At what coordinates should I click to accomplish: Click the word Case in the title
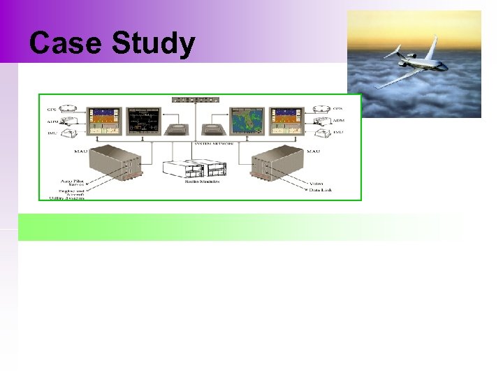[64, 44]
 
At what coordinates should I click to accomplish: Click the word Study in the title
[153, 44]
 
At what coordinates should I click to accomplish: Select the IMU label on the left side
[52, 131]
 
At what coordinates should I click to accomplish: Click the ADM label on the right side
[338, 120]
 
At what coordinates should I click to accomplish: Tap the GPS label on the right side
[338, 109]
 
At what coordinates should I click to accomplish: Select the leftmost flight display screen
[104, 121]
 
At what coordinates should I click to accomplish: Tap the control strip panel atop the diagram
[195, 100]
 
